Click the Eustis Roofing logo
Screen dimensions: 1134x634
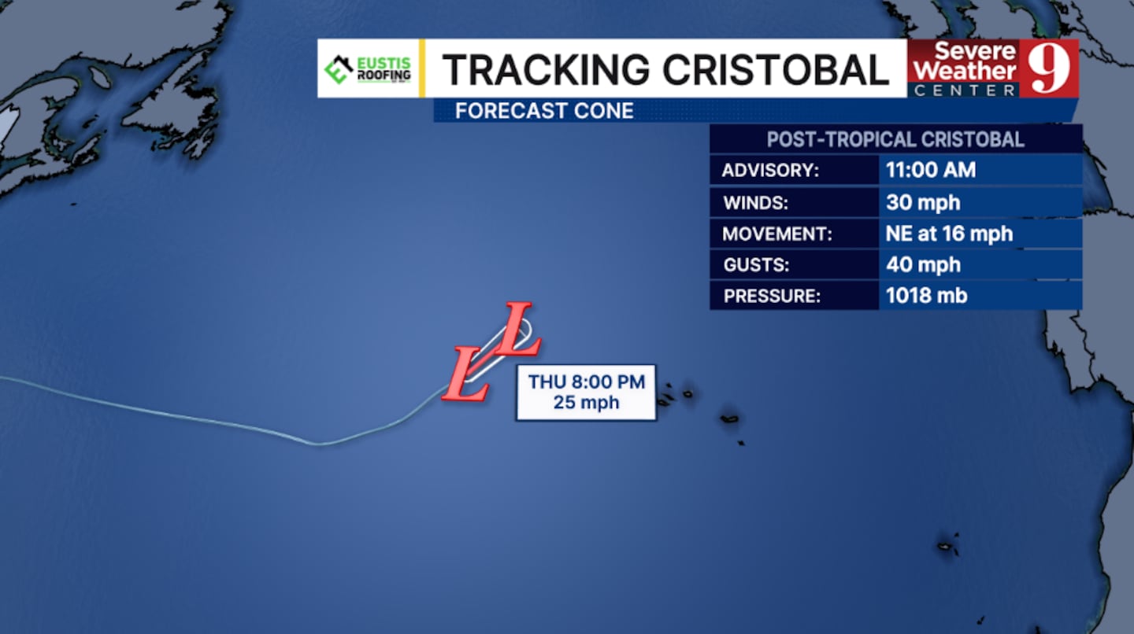coord(368,69)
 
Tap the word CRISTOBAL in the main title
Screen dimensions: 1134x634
coord(776,70)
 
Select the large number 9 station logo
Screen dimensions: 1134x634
coord(1048,68)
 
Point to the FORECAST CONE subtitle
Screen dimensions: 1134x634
coord(544,111)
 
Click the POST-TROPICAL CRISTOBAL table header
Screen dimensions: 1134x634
coord(895,139)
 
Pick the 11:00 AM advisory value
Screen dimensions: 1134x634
coord(931,170)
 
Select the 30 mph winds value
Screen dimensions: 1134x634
coord(923,202)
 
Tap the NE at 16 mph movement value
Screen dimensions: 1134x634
coord(949,234)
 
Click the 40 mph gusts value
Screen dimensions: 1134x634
coord(923,264)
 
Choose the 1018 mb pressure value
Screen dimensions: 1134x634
coord(926,295)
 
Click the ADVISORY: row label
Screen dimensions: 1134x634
coord(770,171)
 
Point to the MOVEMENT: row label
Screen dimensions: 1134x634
coord(777,234)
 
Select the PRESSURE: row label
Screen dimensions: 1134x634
coord(772,296)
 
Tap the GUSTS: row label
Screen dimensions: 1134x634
coord(756,265)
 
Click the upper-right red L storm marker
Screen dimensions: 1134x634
coord(517,329)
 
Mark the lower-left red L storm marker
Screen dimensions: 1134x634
coord(465,374)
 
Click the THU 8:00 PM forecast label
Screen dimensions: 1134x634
coord(586,382)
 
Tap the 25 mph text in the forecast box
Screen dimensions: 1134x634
coord(586,403)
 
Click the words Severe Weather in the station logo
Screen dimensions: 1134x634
coord(965,61)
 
